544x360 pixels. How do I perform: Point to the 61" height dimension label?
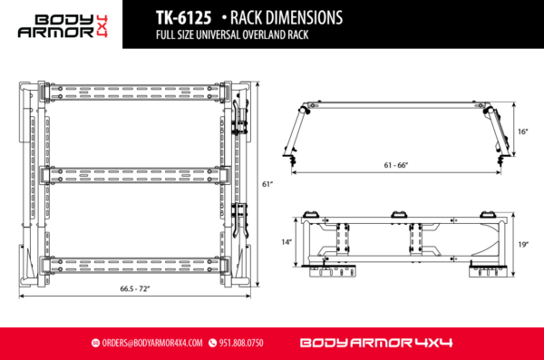267,184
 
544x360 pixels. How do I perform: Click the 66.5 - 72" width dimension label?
130,288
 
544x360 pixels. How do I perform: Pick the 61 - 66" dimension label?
395,165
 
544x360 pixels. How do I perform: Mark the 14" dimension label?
287,242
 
